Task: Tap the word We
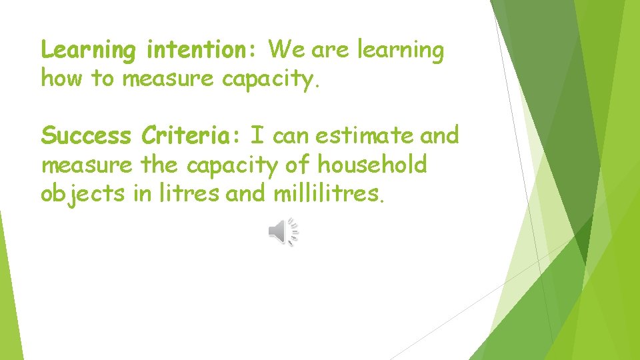[x=286, y=49]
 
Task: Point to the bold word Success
[x=86, y=136]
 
